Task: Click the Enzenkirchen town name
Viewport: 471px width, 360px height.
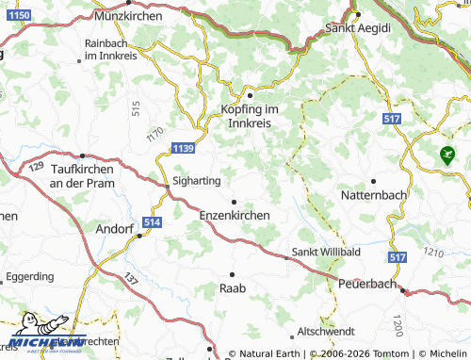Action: click(x=235, y=215)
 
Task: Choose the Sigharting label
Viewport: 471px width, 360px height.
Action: click(x=196, y=179)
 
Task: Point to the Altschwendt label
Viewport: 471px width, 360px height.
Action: click(x=324, y=332)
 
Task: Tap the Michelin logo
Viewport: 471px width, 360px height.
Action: click(x=42, y=341)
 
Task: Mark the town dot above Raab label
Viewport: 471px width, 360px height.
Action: click(x=231, y=273)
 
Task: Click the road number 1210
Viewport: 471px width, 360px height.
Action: click(x=434, y=253)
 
